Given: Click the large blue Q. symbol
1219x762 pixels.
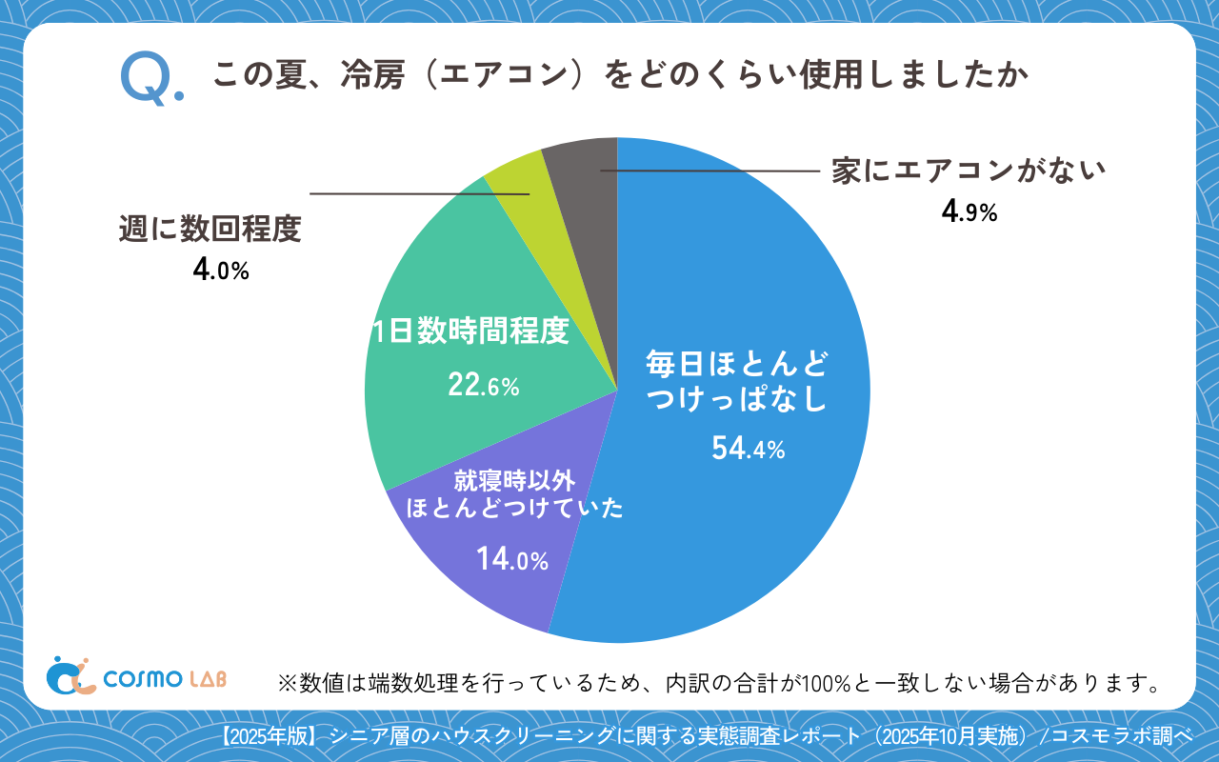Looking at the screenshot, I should point(150,79).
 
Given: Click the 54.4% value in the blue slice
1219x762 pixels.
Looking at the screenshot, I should point(748,448).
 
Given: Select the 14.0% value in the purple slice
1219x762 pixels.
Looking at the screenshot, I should point(512,559).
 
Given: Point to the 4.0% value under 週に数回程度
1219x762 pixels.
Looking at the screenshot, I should point(220,270).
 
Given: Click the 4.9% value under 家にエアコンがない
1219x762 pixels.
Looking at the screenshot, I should point(969,211).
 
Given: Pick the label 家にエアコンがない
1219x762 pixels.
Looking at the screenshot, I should point(969,171).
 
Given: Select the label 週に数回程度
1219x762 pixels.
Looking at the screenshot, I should point(210,229).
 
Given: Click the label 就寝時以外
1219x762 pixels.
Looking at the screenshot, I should point(514,480).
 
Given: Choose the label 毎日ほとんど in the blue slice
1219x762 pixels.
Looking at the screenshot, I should point(736,363).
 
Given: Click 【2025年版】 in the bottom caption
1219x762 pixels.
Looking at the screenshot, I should point(268,735).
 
